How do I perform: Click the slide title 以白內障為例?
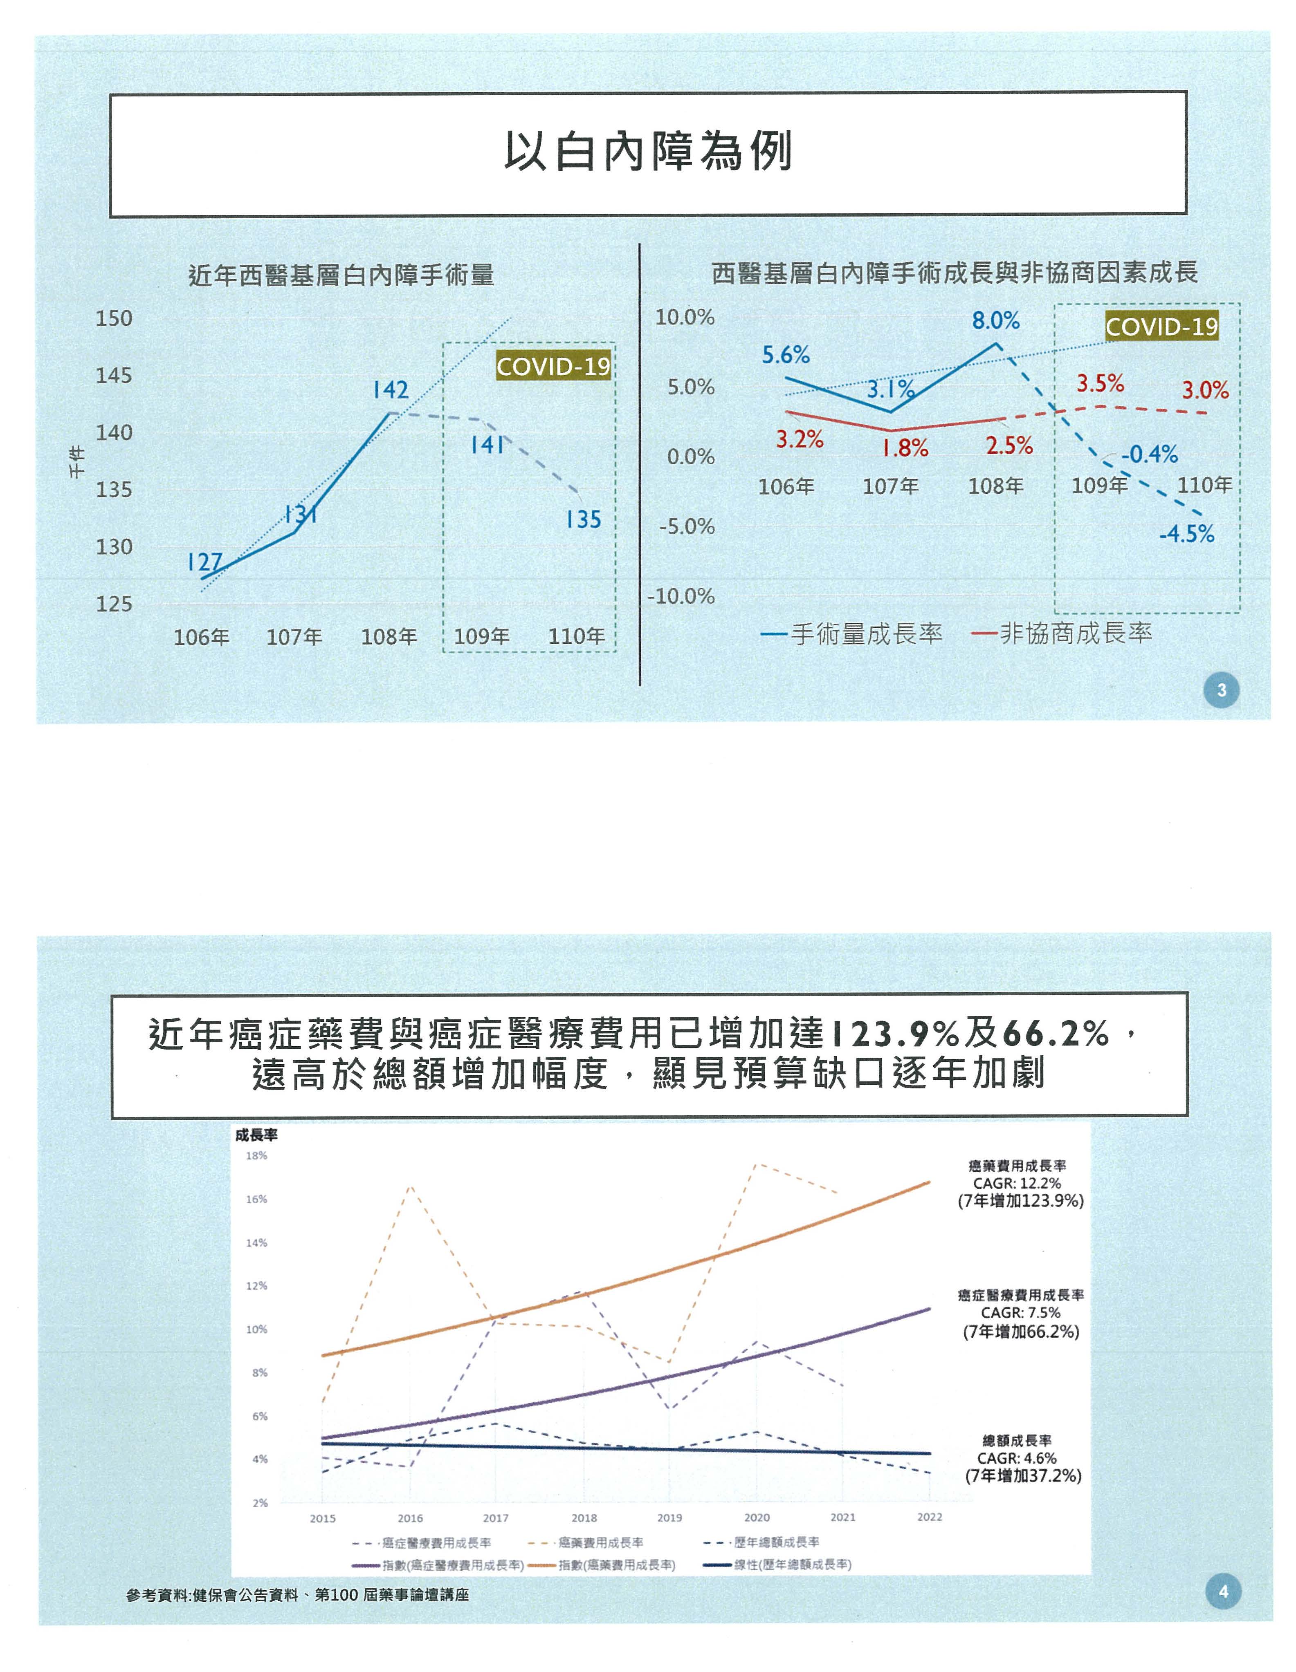pyautogui.click(x=647, y=152)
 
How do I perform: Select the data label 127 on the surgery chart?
pyautogui.click(x=204, y=563)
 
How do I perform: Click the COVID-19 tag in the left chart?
pyautogui.click(x=553, y=367)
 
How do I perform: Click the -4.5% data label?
pyautogui.click(x=1186, y=534)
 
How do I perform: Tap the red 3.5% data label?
pyautogui.click(x=1100, y=383)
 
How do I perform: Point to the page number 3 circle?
pyautogui.click(x=1221, y=690)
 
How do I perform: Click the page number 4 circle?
pyautogui.click(x=1222, y=1591)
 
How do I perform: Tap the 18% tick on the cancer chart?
pyautogui.click(x=256, y=1156)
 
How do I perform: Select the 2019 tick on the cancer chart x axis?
pyautogui.click(x=669, y=1518)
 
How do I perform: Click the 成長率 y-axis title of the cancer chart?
pyautogui.click(x=256, y=1135)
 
